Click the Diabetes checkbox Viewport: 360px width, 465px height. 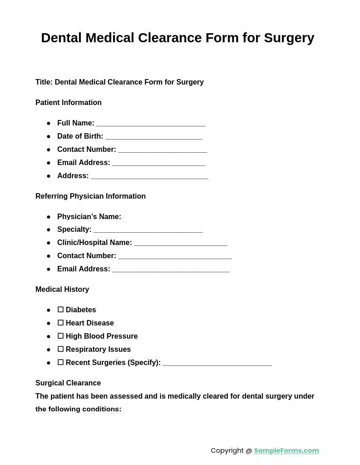tap(60, 310)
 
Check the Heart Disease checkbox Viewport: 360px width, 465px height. tap(60, 323)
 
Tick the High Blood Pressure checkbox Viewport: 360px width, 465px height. tap(60, 336)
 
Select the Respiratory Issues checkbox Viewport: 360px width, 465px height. tap(60, 349)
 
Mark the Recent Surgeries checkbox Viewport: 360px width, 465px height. tap(60, 362)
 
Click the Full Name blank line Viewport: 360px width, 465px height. tap(151, 124)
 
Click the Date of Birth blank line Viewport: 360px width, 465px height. tap(154, 137)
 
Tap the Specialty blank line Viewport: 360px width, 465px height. tap(148, 230)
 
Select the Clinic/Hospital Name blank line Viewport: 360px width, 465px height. tap(180, 243)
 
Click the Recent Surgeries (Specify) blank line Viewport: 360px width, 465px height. tap(217, 363)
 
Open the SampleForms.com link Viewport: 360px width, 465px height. tap(286, 450)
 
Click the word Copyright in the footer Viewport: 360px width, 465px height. tap(227, 450)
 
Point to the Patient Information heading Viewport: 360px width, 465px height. tap(69, 103)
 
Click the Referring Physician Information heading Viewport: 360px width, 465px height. tap(90, 196)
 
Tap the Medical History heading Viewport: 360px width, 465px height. tap(62, 290)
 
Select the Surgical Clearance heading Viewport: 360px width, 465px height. tap(68, 383)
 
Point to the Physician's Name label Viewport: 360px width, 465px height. tap(89, 217)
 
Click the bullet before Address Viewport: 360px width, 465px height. tap(49, 176)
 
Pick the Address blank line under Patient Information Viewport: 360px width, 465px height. tap(149, 176)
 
